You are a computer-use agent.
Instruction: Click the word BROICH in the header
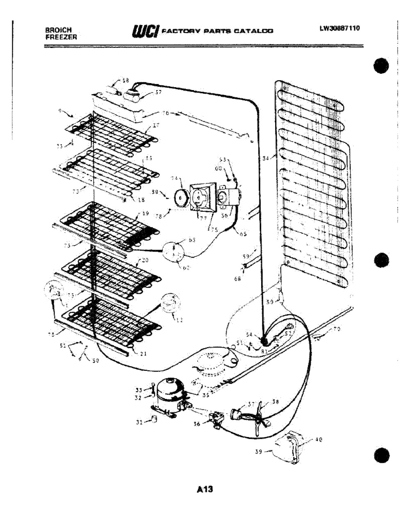[59, 30]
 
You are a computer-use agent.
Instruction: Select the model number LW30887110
[340, 28]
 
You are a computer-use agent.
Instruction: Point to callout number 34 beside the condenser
[266, 158]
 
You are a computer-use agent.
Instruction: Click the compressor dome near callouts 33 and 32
[168, 390]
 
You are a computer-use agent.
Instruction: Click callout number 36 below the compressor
[197, 424]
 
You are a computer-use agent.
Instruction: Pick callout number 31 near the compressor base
[139, 422]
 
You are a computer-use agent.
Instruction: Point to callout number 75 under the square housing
[214, 230]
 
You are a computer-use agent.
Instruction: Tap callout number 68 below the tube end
[237, 279]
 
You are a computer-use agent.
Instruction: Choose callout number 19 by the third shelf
[146, 213]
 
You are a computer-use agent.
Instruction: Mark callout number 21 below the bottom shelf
[143, 354]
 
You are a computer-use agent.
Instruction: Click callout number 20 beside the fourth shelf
[144, 260]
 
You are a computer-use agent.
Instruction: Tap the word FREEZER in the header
[61, 36]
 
